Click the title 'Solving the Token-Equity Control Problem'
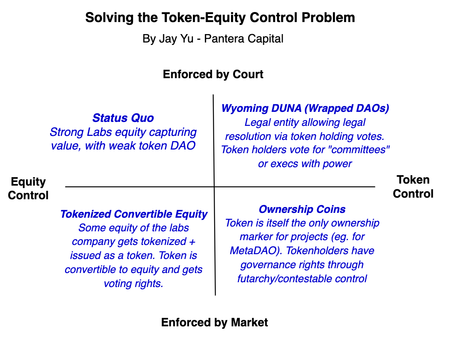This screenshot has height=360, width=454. (x=220, y=18)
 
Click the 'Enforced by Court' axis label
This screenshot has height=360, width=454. (x=213, y=75)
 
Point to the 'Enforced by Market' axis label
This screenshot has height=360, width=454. (x=214, y=322)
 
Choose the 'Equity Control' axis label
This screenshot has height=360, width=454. (x=28, y=188)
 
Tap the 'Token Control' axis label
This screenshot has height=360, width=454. (x=413, y=187)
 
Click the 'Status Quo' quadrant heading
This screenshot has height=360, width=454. (x=123, y=118)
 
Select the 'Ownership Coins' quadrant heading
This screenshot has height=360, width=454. (x=302, y=209)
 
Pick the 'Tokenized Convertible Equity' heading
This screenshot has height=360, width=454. (x=134, y=214)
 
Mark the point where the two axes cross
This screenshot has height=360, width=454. (x=214, y=186)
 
